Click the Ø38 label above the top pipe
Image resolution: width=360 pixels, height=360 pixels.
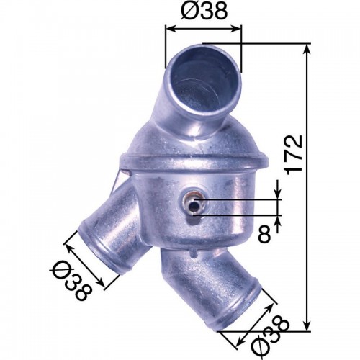coord(204,11)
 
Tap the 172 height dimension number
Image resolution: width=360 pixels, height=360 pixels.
coord(293,153)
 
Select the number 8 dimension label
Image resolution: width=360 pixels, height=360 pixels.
coord(264,233)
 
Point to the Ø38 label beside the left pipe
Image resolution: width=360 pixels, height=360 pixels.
coord(71,280)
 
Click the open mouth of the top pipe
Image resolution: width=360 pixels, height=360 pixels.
coord(204,79)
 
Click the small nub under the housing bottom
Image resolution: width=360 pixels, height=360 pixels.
coord(194,253)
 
